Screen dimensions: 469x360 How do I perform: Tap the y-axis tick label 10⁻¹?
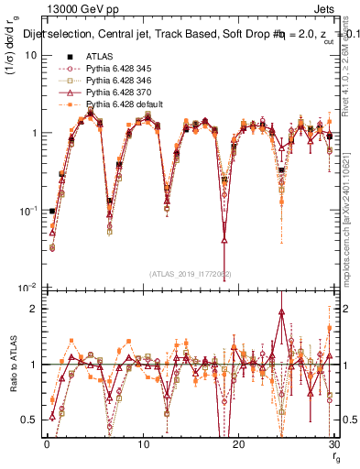(28, 210)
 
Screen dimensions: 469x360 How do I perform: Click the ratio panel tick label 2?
(32, 309)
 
